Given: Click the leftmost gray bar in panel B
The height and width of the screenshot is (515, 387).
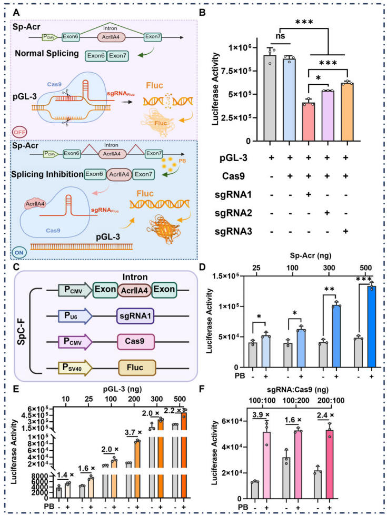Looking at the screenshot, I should point(256,98).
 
